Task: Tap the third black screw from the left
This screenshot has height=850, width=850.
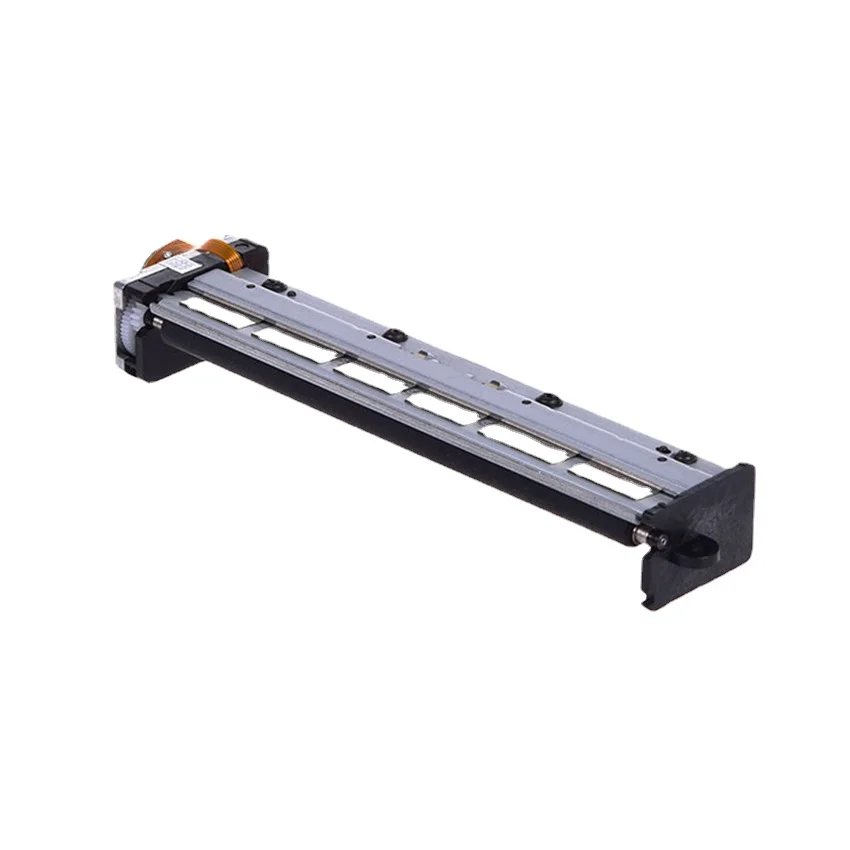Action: click(545, 399)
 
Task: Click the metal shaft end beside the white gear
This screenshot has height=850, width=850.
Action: click(156, 322)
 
